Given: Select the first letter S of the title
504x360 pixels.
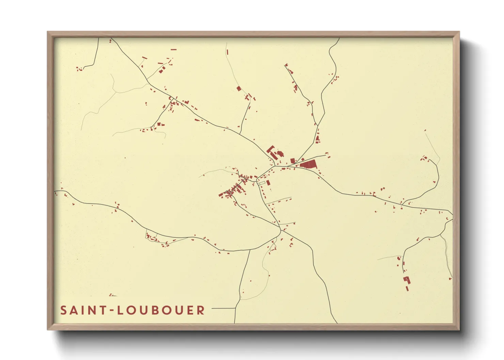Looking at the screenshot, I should [x=63, y=310].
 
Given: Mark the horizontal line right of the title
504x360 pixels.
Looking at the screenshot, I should [x=223, y=309].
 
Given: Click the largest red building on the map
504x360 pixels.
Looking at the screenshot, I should [x=309, y=165].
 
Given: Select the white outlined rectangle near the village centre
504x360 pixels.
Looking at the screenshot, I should [x=261, y=183].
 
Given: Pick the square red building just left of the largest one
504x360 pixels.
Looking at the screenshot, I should [x=293, y=161].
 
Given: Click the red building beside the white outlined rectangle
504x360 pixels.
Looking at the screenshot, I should [x=268, y=183].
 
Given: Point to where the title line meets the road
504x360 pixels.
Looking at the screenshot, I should [x=235, y=309].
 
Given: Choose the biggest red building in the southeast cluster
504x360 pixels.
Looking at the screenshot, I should [x=407, y=280].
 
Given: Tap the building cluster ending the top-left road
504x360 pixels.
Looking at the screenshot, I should [x=80, y=69].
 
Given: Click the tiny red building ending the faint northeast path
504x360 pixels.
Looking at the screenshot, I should [x=425, y=130].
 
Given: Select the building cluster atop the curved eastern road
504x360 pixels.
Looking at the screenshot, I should [x=424, y=158].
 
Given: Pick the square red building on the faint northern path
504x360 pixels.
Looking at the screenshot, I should [x=239, y=88].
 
